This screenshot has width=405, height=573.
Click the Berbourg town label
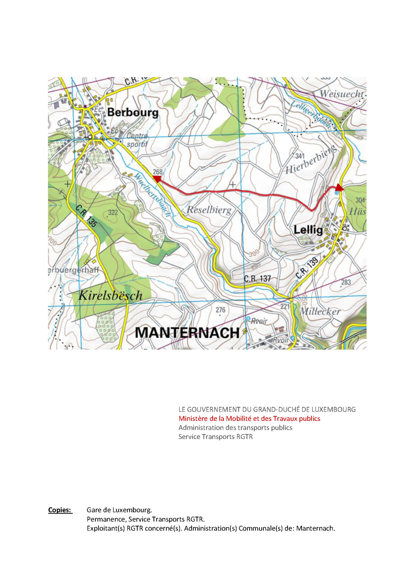133,113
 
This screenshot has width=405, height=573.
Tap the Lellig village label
308,230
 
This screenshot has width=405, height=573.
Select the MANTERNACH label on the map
187,333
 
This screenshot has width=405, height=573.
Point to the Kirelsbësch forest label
110,295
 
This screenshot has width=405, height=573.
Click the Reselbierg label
209,210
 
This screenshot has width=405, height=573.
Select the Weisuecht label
342,94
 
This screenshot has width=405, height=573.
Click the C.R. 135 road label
86,216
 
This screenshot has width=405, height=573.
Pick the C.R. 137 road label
257,279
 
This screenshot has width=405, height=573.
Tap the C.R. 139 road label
307,268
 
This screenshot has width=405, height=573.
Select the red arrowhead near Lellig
339,188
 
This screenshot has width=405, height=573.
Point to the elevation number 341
300,155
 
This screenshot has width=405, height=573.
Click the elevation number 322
113,212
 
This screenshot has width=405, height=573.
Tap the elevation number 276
220,310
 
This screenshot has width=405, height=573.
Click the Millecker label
320,312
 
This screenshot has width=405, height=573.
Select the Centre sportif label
137,140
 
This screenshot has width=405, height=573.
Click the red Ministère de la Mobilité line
249,418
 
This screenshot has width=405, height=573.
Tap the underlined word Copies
60,510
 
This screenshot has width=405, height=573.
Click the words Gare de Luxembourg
119,510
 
